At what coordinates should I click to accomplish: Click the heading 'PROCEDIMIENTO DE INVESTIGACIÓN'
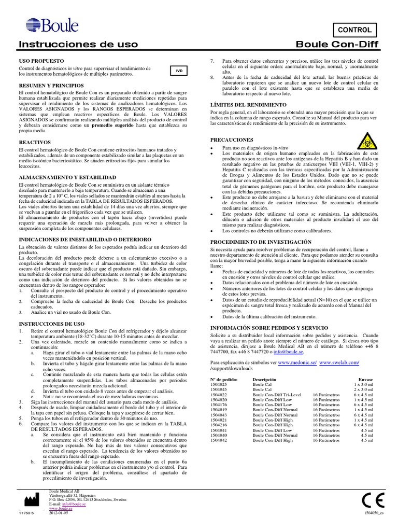pos(261,242)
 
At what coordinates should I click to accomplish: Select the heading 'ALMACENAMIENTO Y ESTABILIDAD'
pos(61,177)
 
